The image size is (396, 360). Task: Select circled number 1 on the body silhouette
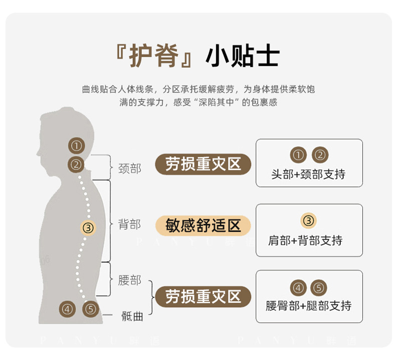coord(76,145)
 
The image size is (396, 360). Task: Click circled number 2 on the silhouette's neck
coord(76,164)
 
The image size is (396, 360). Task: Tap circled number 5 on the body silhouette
coord(90,309)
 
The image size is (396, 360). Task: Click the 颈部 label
coord(130,168)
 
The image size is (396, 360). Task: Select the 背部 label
coord(130,224)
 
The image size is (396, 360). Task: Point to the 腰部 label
coord(130,280)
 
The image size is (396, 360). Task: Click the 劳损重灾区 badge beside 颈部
coord(203,164)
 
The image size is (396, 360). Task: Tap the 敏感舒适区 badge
coord(203,225)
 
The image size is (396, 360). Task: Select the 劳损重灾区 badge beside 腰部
coord(203,296)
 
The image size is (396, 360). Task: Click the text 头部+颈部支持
coord(308,174)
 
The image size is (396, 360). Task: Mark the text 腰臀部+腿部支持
coord(309,306)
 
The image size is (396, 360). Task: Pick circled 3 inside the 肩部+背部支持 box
coord(308,220)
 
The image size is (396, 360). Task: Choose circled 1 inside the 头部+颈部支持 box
coord(298,155)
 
